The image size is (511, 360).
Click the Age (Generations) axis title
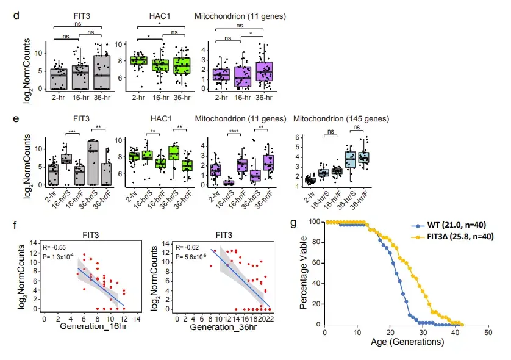pyautogui.click(x=406, y=343)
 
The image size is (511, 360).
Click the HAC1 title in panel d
pyautogui.click(x=160, y=13)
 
